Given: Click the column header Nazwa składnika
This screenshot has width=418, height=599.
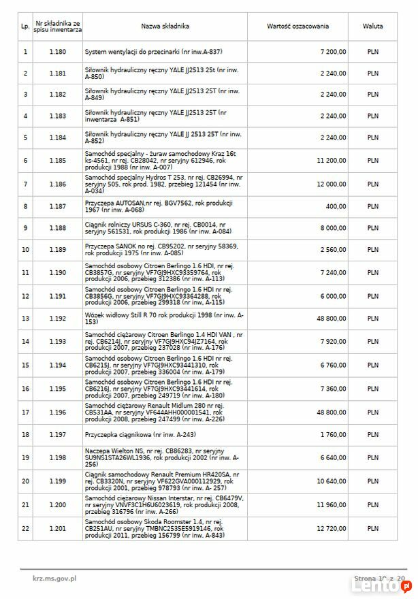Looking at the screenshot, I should [x=165, y=27].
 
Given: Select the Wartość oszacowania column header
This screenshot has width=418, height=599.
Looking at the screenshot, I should [x=298, y=27].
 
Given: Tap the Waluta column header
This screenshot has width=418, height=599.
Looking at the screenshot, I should [x=372, y=27].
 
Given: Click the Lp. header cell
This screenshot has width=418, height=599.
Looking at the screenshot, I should [x=25, y=27].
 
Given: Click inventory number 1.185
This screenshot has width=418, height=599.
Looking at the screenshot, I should [x=58, y=161].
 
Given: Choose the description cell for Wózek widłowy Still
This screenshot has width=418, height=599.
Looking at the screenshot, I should [x=163, y=318].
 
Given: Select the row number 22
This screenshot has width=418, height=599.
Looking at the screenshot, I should [x=25, y=528].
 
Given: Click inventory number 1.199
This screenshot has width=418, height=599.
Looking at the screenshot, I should [x=58, y=482].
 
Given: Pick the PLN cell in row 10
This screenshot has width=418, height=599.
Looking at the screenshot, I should [x=372, y=250].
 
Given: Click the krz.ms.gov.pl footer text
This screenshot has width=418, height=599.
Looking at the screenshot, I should [x=54, y=578].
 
